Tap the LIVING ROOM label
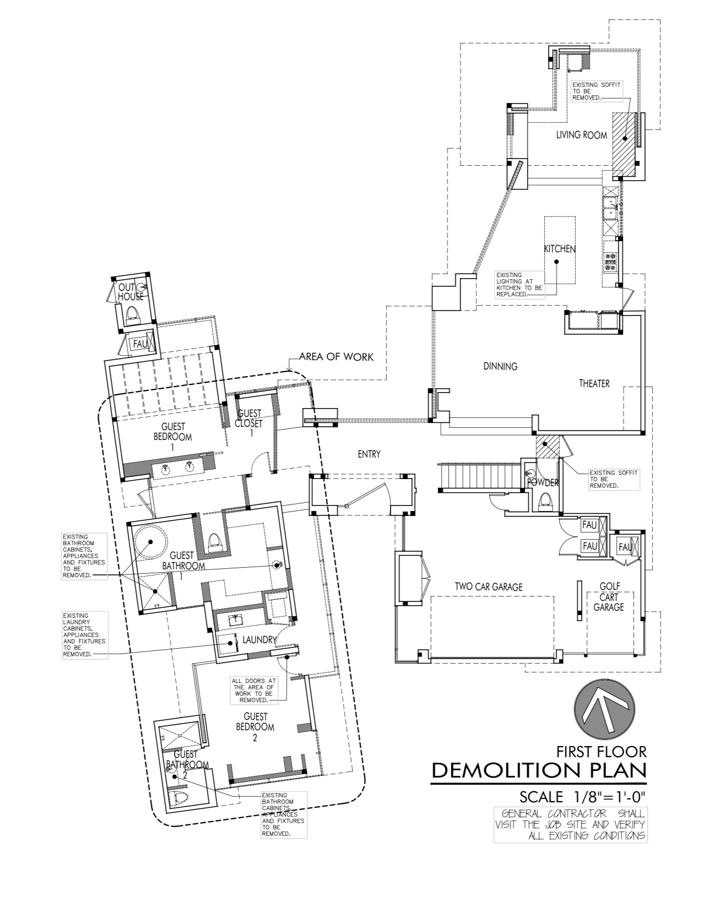click(581, 135)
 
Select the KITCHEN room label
click(560, 249)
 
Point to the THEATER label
click(594, 383)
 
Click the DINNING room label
click(500, 366)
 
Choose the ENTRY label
click(368, 454)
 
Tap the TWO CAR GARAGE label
click(488, 587)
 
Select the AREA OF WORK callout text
click(336, 357)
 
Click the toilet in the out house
click(132, 315)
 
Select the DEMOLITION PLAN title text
click(538, 770)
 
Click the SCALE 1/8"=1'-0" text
click(582, 797)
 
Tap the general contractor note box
click(570, 824)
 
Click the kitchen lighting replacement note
click(519, 284)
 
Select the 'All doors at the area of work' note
click(253, 691)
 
